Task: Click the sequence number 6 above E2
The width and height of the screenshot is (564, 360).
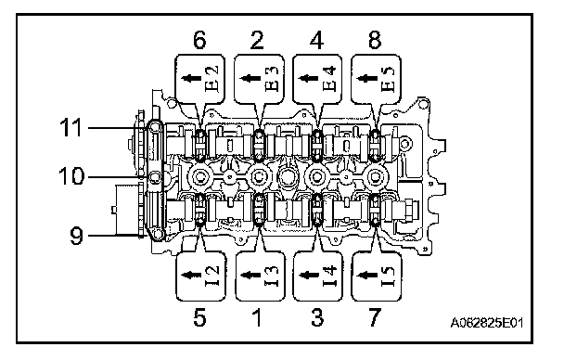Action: (x=200, y=40)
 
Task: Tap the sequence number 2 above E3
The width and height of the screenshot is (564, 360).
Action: (x=257, y=40)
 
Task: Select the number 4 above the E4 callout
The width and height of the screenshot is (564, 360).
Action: (x=316, y=40)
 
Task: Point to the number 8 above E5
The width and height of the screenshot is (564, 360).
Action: (x=375, y=40)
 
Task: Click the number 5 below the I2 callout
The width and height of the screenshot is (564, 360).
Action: (x=200, y=317)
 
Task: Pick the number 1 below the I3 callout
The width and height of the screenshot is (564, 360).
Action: (x=257, y=317)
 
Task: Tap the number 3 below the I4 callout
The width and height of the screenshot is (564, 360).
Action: (x=317, y=317)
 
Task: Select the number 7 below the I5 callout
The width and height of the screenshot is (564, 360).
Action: (x=375, y=317)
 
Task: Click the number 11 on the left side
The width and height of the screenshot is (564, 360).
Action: (x=71, y=128)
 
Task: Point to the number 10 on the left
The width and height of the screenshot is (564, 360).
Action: (x=72, y=176)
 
